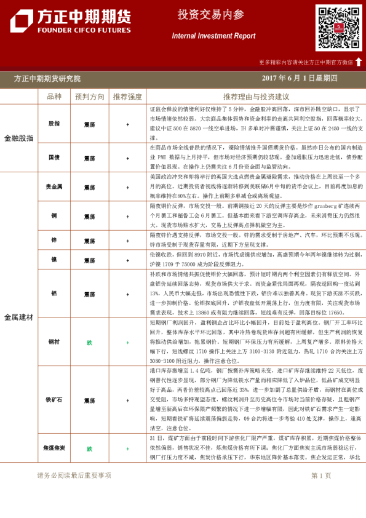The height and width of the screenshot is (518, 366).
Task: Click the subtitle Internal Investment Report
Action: [213, 36]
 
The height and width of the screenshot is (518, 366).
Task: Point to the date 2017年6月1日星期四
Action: [300, 79]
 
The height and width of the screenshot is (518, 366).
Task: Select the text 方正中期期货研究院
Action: [47, 79]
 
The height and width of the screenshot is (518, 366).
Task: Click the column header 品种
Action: [54, 97]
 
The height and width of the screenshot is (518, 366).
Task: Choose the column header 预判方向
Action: [90, 97]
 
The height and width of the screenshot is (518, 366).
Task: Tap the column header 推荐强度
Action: [127, 97]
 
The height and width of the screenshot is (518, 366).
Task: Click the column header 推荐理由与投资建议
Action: [256, 97]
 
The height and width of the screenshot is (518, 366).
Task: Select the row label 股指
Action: [54, 124]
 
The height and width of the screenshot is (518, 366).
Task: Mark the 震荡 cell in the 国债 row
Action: [90, 157]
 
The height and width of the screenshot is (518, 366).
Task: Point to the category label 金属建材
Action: [19, 317]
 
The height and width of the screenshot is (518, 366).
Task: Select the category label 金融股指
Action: [19, 138]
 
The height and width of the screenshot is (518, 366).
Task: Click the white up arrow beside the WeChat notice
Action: [358, 62]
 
